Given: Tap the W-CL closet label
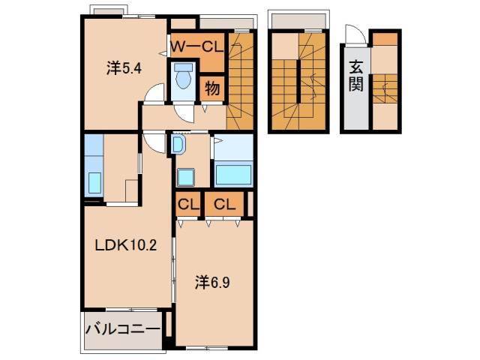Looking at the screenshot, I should point(197,46).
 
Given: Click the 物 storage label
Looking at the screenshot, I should point(212,88).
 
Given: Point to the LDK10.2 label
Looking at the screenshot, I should point(125,245).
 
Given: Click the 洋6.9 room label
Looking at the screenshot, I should point(213,283).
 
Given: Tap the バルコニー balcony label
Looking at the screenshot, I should point(122,329).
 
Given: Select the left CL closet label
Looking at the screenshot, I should point(187,203).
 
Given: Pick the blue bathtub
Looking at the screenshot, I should point(233,174).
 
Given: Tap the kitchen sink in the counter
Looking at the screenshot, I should point(94,182).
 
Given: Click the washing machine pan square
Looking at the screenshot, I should point(185,177).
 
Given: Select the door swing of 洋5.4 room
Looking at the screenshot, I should point(154,94).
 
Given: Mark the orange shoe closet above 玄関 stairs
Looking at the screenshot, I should point(385,39).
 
